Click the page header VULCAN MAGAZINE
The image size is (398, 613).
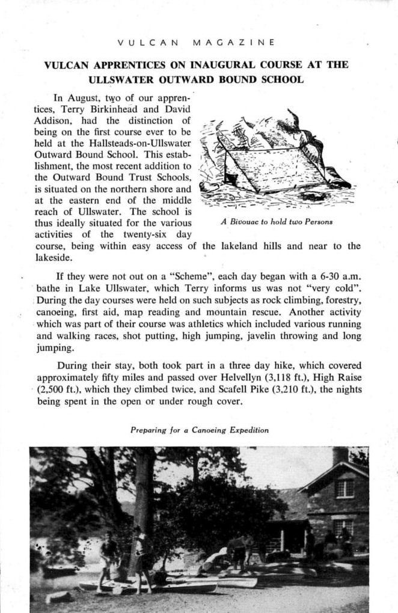[196, 42]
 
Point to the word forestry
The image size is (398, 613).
[339, 299]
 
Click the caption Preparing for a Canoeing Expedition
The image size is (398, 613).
[199, 430]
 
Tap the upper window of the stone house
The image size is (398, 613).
[344, 487]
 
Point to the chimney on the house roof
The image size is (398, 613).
[340, 455]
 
